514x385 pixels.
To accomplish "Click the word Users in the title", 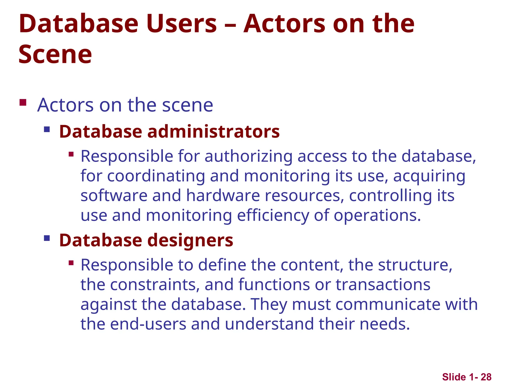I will coord(181,24).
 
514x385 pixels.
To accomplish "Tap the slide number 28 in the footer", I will coord(486,377).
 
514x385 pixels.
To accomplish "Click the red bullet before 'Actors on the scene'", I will coord(23,103).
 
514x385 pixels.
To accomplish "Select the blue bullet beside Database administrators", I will coord(47,130).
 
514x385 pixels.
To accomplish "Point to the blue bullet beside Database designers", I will coord(47,238).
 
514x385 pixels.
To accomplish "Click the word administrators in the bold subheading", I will coord(213,132).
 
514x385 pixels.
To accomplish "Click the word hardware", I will coord(223,196).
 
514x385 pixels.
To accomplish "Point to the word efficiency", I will coord(273,216).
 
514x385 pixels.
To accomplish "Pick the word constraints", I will coord(155,285).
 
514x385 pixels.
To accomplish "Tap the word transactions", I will coord(383,285).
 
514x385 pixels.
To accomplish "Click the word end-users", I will coord(148,324).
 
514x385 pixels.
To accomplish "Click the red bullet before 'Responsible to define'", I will coord(71,263).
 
